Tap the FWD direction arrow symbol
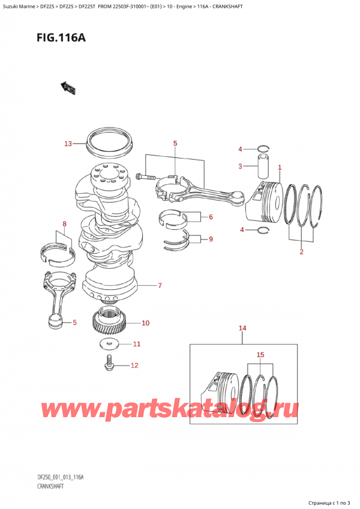pos(68,89)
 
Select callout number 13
pos(68,144)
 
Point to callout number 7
pos(160,286)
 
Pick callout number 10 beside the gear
pos(145,323)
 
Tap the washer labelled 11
pos(108,344)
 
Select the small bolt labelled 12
pos(109,363)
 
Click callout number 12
pos(134,366)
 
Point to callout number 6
pos(211,217)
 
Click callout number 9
pos(211,240)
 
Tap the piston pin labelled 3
pos(265,166)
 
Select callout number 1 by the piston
pos(279,167)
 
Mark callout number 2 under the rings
pos(301,251)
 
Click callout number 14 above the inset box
pos(242,328)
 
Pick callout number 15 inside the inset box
pos(260,355)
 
